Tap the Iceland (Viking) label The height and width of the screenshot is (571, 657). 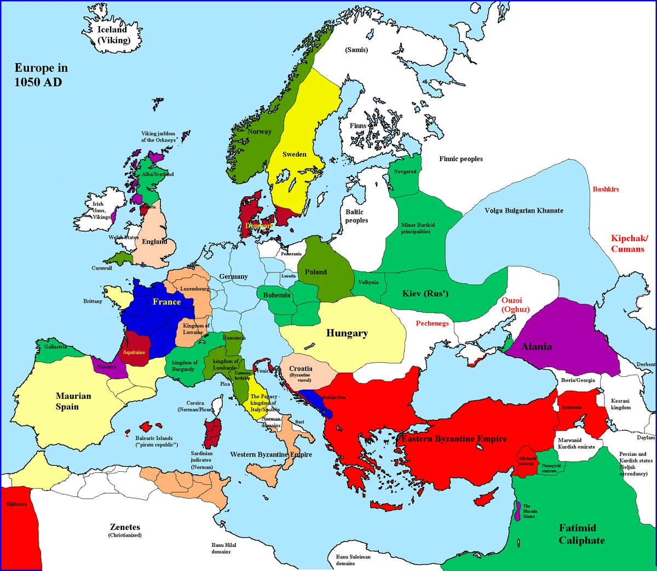113,35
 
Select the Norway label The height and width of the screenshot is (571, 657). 259,132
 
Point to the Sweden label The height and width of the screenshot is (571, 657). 294,154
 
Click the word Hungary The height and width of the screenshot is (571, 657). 347,333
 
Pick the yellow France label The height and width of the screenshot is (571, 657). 166,302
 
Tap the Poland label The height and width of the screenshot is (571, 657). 316,272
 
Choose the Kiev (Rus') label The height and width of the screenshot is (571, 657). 425,293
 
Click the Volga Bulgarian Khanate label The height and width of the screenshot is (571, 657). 523,210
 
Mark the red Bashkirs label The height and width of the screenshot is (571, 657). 606,189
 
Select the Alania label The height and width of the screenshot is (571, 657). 537,346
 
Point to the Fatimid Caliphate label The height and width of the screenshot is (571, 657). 581,534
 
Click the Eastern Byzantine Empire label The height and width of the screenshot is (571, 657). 454,438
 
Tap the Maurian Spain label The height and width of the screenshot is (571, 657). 73,401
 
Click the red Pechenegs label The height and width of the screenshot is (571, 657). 432,323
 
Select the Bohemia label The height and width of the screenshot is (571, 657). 276,295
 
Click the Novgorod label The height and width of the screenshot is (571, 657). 405,172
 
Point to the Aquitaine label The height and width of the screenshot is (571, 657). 134,352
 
